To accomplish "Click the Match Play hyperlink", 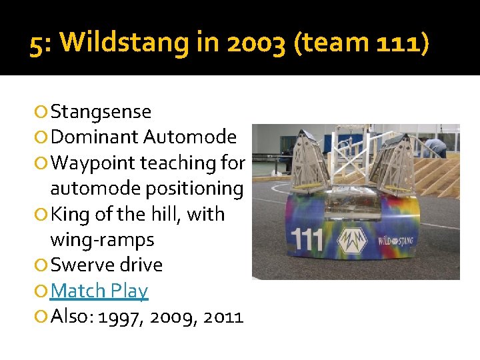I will (x=99, y=291).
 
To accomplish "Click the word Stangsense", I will (x=101, y=111).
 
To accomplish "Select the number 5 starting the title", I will (x=38, y=44).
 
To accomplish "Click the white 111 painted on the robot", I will (x=308, y=239).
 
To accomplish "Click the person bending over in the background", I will (x=437, y=145).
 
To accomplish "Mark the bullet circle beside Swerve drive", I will (x=43, y=265).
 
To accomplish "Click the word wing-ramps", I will (x=101, y=239).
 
